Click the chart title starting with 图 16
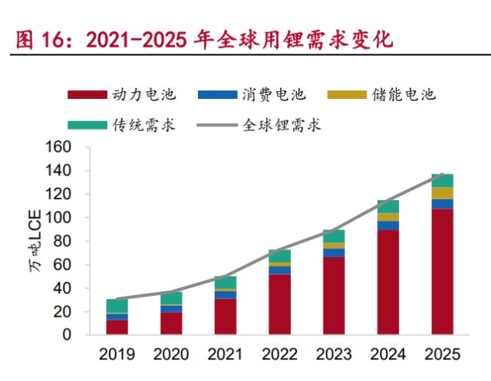pyautogui.click(x=203, y=39)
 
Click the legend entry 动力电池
pyautogui.click(x=122, y=95)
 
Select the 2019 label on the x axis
pyautogui.click(x=117, y=354)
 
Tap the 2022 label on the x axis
pyautogui.click(x=279, y=354)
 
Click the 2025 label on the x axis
pyautogui.click(x=442, y=354)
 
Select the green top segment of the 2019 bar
pyautogui.click(x=117, y=306)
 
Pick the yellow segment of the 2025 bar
pyautogui.click(x=442, y=193)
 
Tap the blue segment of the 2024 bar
pyautogui.click(x=387, y=225)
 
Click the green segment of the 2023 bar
pyautogui.click(x=334, y=236)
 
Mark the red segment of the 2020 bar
pyautogui.click(x=171, y=324)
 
